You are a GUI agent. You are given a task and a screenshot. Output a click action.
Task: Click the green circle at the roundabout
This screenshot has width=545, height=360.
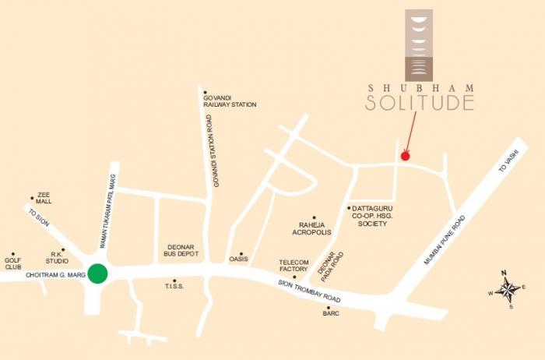[x=97, y=274]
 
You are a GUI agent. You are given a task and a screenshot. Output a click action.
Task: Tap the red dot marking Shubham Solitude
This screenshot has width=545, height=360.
[x=405, y=156]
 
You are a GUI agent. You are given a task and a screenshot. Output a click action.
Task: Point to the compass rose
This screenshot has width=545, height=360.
[x=507, y=291]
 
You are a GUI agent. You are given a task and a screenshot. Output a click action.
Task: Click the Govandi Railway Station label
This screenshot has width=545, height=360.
[x=230, y=101]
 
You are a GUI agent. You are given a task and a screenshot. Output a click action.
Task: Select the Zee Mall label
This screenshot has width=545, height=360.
[x=44, y=201]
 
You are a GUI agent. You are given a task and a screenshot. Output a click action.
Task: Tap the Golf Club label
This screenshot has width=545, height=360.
[x=13, y=263]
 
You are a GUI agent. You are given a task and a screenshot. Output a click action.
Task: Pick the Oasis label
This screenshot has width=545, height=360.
[x=237, y=259]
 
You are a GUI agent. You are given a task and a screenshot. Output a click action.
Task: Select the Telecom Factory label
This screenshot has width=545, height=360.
[x=294, y=266]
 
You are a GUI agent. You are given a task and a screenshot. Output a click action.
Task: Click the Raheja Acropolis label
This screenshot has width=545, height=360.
[x=311, y=228]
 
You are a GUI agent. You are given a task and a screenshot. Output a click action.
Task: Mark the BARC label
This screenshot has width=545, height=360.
[x=330, y=313]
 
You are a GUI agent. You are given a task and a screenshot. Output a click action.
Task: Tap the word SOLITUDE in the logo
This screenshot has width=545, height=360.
[x=420, y=102]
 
